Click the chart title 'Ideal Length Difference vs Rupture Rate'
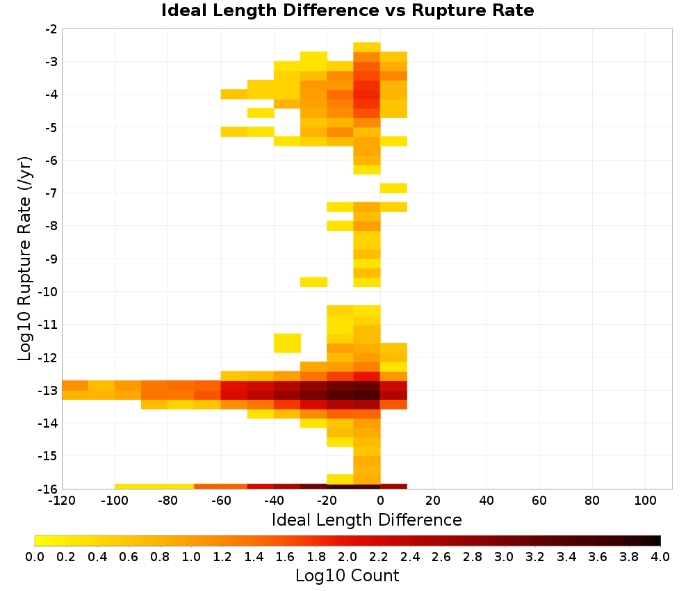coord(347,10)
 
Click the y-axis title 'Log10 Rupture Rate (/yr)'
coord(25,259)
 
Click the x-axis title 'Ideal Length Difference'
coord(366,520)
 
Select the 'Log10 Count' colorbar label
coord(347,576)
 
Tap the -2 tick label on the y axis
coord(51,29)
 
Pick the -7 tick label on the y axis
coord(51,193)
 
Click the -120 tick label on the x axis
coord(62,501)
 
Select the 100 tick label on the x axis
coord(646,501)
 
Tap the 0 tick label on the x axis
coord(380,501)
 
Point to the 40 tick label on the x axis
coord(486,501)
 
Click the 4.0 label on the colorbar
coord(660,557)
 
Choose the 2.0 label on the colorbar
coord(347,557)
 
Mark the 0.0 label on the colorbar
coord(35,557)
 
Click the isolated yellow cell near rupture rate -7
coord(393,188)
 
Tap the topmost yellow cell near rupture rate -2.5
coord(367,47)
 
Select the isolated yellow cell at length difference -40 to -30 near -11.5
coord(287,343)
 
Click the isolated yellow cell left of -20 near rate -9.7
coord(314,282)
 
